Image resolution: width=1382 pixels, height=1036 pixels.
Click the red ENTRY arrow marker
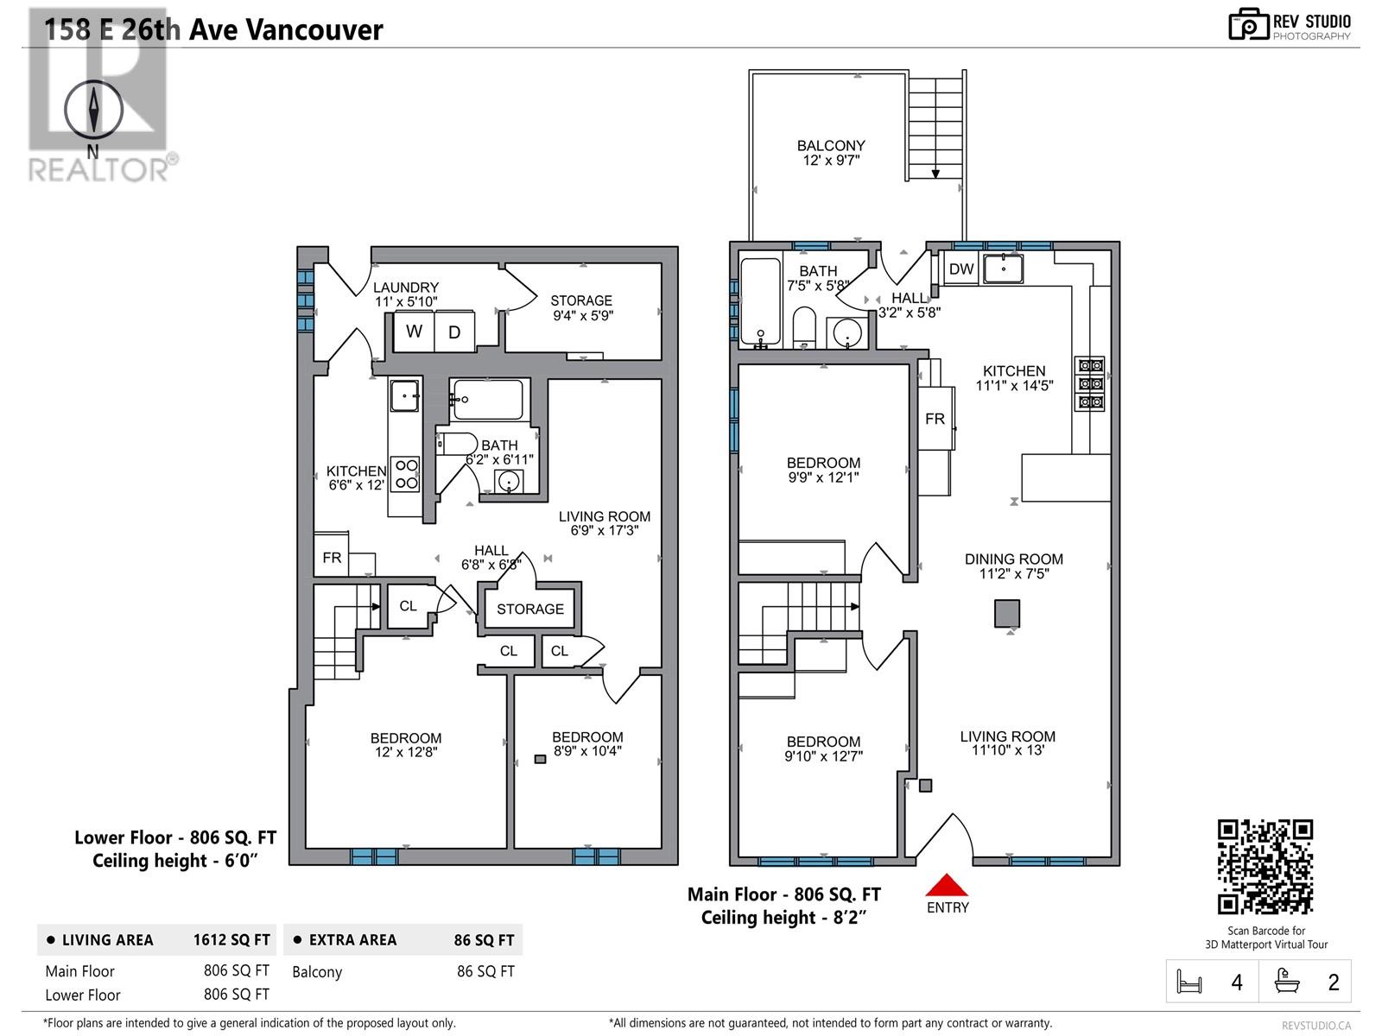[947, 886]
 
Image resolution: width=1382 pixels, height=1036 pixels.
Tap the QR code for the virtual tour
[1265, 867]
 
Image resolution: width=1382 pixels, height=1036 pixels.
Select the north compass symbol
[93, 110]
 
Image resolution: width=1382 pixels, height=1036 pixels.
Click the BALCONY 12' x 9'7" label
[831, 153]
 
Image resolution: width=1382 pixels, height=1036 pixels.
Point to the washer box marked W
[414, 332]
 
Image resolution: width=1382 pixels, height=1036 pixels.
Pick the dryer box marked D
[454, 332]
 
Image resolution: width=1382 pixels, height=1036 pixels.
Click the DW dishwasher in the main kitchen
[961, 269]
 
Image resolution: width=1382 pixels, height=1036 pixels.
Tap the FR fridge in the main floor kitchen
[935, 420]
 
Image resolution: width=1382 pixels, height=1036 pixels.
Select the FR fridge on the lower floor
[333, 559]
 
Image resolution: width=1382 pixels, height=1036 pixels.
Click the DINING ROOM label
[1013, 565]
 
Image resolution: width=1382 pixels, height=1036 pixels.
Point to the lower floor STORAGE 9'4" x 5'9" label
[581, 307]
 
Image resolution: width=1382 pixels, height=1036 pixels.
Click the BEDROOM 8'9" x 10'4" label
[587, 743]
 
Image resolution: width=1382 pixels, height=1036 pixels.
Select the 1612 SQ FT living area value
[231, 940]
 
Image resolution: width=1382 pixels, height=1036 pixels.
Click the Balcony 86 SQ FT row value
[485, 971]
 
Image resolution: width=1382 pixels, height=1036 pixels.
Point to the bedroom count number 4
[1237, 982]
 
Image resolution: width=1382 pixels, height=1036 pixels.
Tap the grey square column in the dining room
[1007, 614]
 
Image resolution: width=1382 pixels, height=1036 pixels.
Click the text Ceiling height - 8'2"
[783, 918]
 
